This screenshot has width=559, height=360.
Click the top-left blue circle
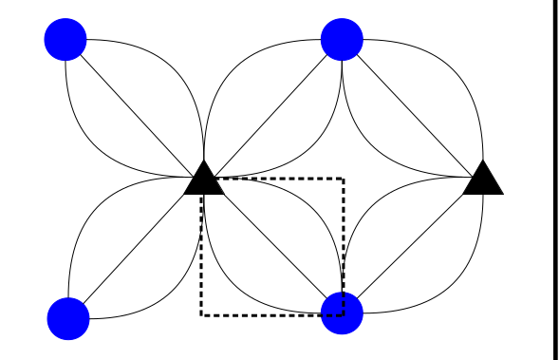coord(65,40)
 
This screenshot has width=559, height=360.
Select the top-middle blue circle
coord(342,39)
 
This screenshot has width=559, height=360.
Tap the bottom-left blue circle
coord(67,317)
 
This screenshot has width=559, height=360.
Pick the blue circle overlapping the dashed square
coord(343,313)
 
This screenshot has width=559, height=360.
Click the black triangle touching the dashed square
coord(203,180)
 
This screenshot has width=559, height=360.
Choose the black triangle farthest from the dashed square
coord(483,179)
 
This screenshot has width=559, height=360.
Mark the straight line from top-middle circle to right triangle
coord(413,108)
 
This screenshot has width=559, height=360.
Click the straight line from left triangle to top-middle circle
coord(272,109)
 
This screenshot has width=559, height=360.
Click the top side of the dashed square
coord(275,178)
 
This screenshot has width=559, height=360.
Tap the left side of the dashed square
coord(201,256)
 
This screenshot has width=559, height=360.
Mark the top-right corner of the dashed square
coord(343,178)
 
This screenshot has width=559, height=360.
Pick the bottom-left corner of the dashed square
coord(201,314)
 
